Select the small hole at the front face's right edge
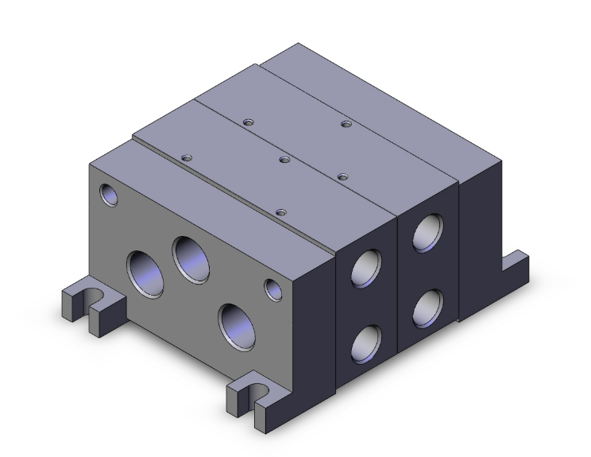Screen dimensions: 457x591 click(x=274, y=289)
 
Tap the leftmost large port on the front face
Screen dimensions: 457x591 click(x=146, y=274)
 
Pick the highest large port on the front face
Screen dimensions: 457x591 click(x=191, y=258)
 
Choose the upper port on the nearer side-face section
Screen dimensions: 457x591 click(x=367, y=269)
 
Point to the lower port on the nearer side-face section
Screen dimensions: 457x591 click(x=367, y=343)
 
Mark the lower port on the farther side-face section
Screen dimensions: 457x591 click(x=430, y=307)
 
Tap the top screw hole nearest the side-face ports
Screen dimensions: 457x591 click(x=343, y=176)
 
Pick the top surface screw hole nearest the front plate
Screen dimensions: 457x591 click(x=280, y=211)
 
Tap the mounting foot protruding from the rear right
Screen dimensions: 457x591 click(x=516, y=264)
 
